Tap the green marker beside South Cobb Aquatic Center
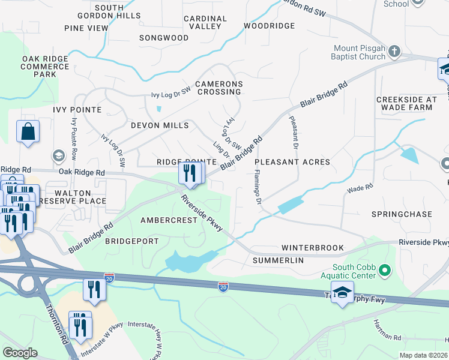point(385,271)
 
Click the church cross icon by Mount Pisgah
point(394,52)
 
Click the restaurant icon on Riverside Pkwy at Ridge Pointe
point(190,174)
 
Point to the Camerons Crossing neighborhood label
point(218,88)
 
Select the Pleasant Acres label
point(292,162)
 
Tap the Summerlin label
point(278,260)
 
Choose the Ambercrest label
point(169,220)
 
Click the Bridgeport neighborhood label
point(132,241)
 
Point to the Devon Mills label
point(160,125)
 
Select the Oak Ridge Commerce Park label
point(45,66)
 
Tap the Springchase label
point(402,214)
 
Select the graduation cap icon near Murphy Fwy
point(342,293)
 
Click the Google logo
point(20,353)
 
